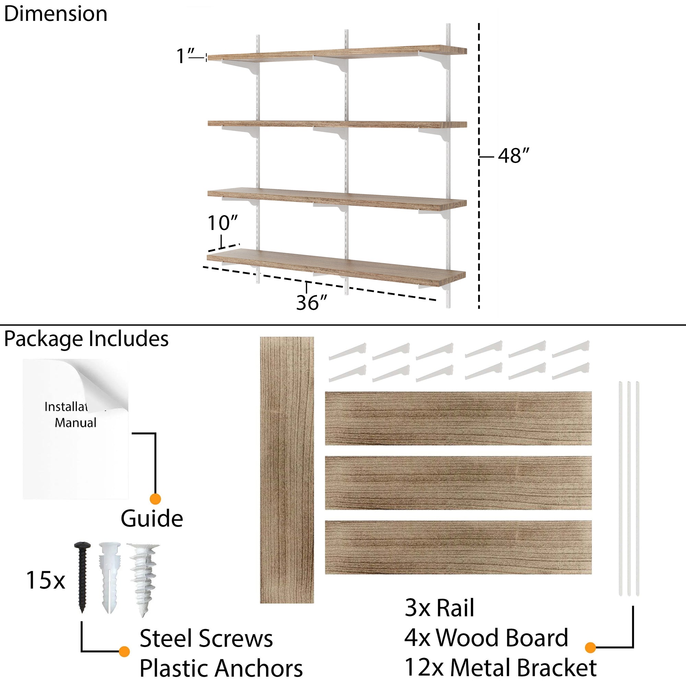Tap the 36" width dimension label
coord(311,303)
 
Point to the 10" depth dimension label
coord(223,223)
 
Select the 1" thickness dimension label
coord(185,56)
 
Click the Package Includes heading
coord(86,339)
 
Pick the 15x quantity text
coord(46,581)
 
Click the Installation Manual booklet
coord(75,429)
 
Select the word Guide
coord(152,519)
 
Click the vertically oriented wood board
coord(287,470)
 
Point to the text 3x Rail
coord(440,618)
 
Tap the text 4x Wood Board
coord(486,648)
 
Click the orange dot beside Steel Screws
coord(124,652)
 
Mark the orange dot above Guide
coord(155,499)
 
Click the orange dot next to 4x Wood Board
coord(590,647)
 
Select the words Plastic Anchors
coord(221,669)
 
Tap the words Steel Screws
coord(206,638)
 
